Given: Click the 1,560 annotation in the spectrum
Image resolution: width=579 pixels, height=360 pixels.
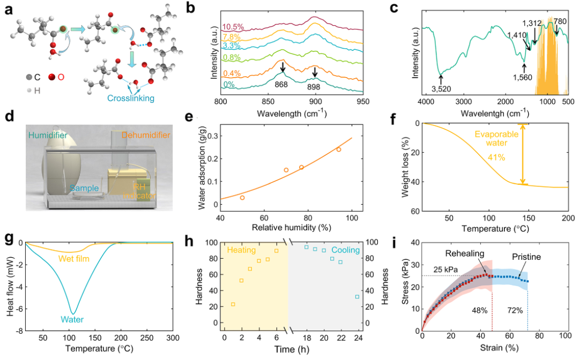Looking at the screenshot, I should pyautogui.click(x=524, y=78).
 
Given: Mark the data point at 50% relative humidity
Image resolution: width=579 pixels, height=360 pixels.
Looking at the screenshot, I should pyautogui.click(x=242, y=198).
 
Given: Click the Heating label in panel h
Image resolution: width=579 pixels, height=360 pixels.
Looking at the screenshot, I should pyautogui.click(x=242, y=250).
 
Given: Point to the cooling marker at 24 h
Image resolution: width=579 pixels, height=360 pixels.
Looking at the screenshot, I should pyautogui.click(x=357, y=296).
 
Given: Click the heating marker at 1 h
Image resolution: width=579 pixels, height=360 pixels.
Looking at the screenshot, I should pyautogui.click(x=233, y=304).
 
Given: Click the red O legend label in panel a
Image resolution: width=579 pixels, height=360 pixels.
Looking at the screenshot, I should pyautogui.click(x=61, y=77).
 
